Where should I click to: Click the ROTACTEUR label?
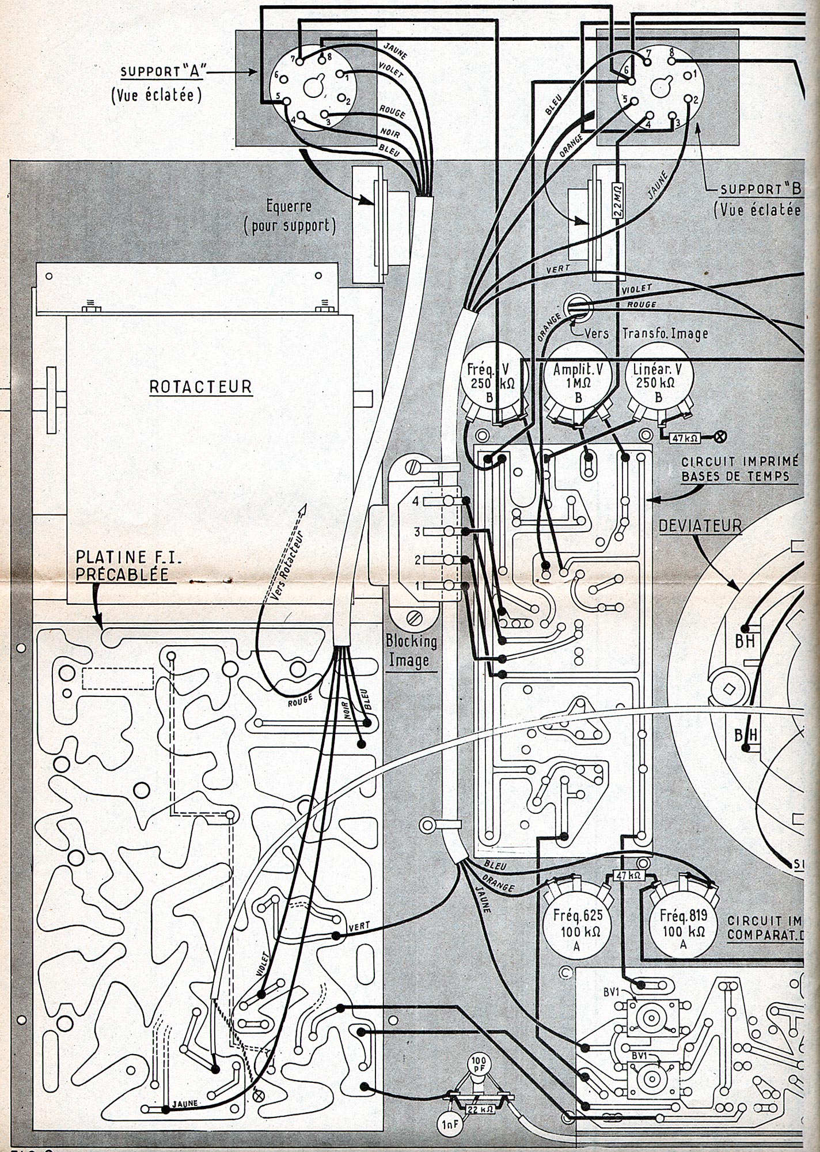200,386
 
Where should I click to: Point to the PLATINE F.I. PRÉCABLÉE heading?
123,566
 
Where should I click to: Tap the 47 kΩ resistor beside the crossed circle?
685,437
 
